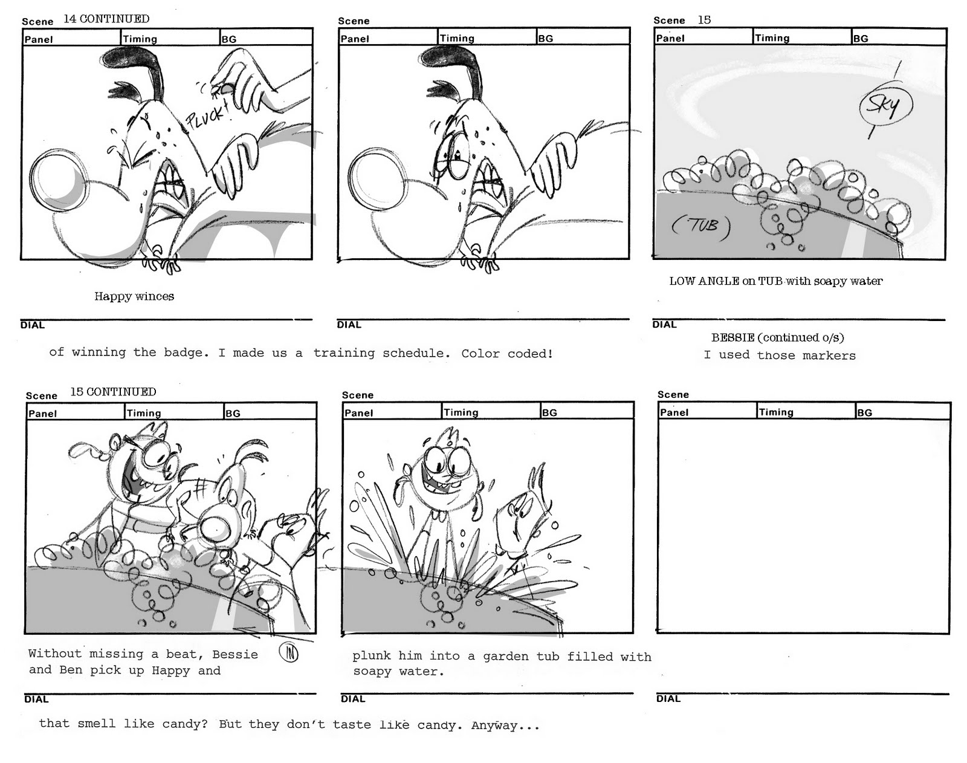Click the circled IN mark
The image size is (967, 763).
(x=289, y=653)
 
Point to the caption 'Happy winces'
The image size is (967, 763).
(x=134, y=296)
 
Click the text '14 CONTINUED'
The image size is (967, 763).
(x=106, y=19)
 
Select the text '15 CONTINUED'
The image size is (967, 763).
(x=113, y=392)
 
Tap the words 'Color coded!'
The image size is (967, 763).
(x=507, y=354)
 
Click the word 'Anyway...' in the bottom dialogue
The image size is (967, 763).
(x=505, y=726)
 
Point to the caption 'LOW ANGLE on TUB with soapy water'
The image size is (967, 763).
(x=776, y=282)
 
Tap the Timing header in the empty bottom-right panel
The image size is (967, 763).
(x=776, y=412)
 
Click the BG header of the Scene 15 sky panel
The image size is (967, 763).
(x=861, y=39)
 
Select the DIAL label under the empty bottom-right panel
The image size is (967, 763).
(x=668, y=699)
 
